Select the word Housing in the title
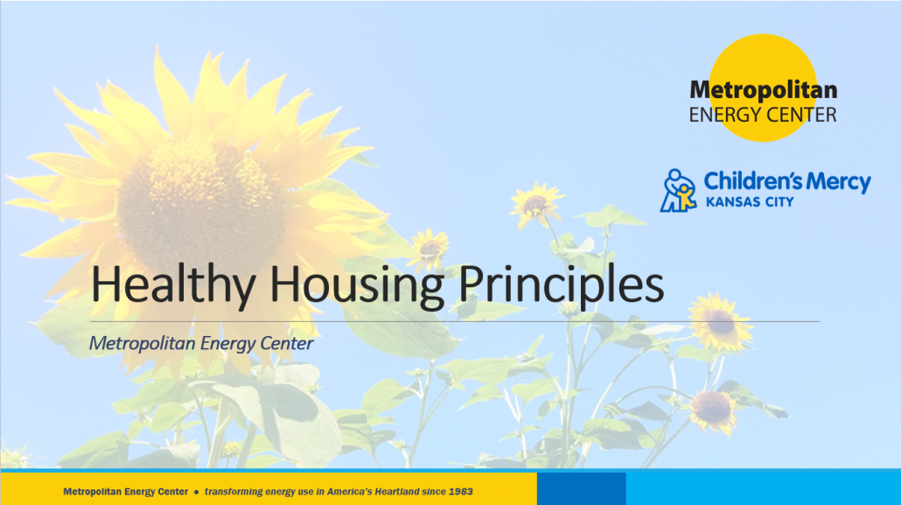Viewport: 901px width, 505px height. pyautogui.click(x=356, y=284)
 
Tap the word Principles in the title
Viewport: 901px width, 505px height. pyautogui.click(x=561, y=284)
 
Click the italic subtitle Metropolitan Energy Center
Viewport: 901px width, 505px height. pyautogui.click(x=201, y=343)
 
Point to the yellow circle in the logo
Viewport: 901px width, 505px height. pyautogui.click(x=763, y=88)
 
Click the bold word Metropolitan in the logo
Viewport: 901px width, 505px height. pyautogui.click(x=763, y=90)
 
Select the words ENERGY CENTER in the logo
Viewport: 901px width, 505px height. pyautogui.click(x=763, y=115)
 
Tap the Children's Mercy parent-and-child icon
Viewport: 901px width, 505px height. pyautogui.click(x=679, y=191)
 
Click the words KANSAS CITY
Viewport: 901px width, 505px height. pyautogui.click(x=750, y=202)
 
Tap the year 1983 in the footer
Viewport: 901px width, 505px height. pyautogui.click(x=461, y=492)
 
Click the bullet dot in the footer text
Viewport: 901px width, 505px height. pyautogui.click(x=197, y=493)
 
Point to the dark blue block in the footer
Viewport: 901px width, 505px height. pyautogui.click(x=582, y=489)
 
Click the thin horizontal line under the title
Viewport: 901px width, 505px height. pyautogui.click(x=455, y=321)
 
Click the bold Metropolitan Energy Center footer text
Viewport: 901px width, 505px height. pyautogui.click(x=125, y=492)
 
